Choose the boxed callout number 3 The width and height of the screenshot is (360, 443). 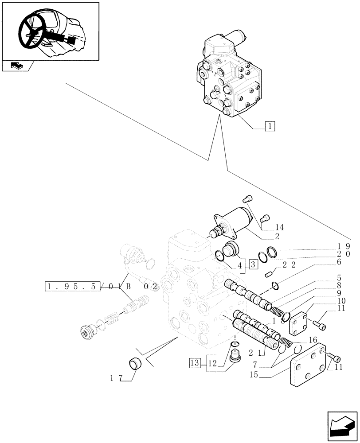(x=253, y=265)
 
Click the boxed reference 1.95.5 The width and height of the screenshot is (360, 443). (x=73, y=286)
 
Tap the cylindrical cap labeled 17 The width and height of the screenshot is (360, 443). (x=135, y=364)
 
